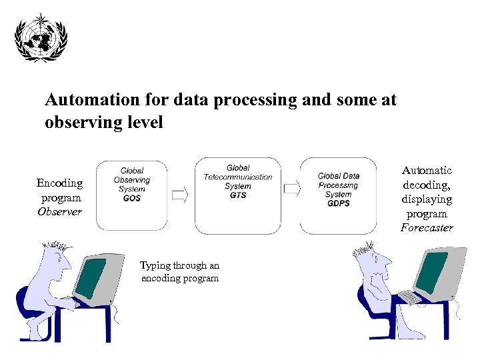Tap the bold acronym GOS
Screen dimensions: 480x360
point(132,199)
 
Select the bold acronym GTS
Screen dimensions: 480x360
point(238,195)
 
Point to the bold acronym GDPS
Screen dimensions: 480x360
point(339,203)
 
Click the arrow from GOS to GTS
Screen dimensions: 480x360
point(180,195)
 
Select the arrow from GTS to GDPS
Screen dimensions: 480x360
point(291,190)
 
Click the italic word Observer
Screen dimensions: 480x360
point(59,212)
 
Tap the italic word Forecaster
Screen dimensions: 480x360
point(427,228)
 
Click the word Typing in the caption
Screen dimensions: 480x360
point(155,265)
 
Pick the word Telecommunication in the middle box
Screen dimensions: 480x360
point(238,177)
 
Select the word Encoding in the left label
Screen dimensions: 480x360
point(59,183)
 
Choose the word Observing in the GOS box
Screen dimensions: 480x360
point(132,180)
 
